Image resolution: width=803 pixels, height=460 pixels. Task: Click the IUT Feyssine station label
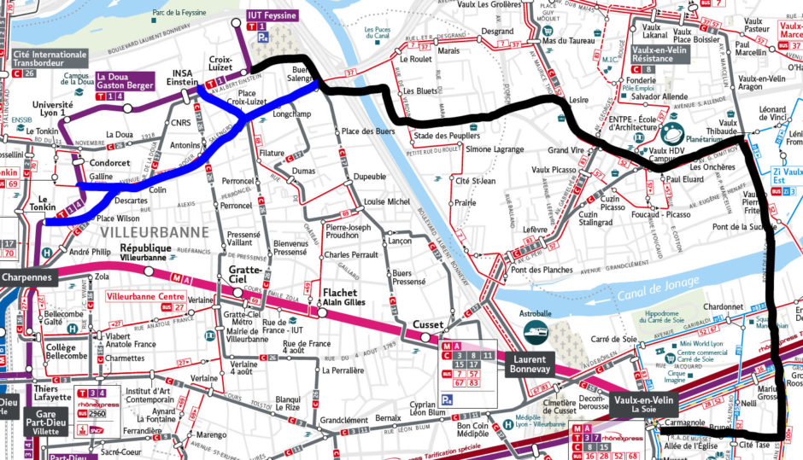point(273,15)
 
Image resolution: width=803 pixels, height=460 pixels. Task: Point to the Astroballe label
point(536,314)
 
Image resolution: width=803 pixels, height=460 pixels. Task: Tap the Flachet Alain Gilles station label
point(344,296)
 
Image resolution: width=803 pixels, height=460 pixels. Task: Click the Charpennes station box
point(26,277)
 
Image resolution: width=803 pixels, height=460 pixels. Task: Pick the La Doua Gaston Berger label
point(125,80)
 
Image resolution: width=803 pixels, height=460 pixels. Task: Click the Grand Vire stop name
point(566,150)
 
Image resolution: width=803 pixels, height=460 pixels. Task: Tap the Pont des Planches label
point(541,270)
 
